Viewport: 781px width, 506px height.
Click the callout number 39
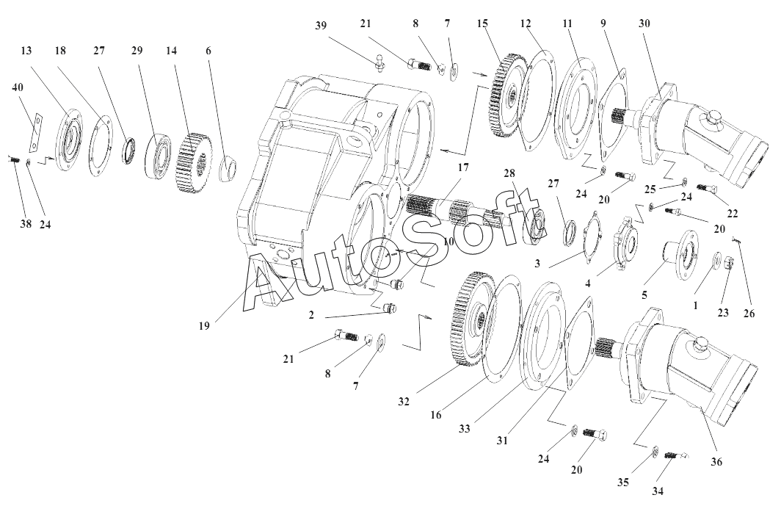tap(321, 25)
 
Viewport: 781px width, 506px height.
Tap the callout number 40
tap(18, 87)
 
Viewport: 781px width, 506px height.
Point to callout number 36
tap(716, 461)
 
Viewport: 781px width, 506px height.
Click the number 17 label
tap(462, 167)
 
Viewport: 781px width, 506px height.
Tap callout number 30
tap(644, 23)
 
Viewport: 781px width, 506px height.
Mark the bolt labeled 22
tap(706, 189)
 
